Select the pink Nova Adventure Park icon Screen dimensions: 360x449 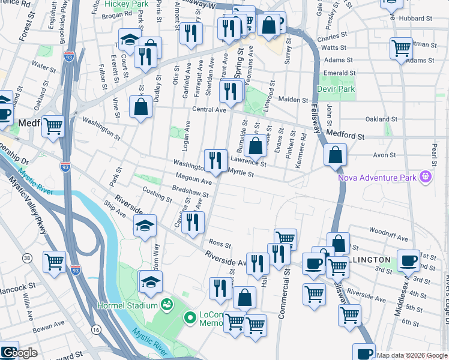pos(426,176)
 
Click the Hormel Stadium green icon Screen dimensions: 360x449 pos(166,304)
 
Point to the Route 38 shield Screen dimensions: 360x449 pos(27,258)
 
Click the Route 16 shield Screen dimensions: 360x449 pos(96,329)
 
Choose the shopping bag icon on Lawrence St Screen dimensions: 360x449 pos(255,146)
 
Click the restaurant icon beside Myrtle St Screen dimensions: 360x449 pos(215,160)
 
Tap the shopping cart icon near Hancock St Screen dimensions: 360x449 pos(54,262)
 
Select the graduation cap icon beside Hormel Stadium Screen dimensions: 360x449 pos(151,281)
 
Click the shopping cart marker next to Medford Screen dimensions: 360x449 pos(53,127)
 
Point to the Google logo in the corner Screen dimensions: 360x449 pos(19,353)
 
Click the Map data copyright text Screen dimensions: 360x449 pos(412,355)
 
